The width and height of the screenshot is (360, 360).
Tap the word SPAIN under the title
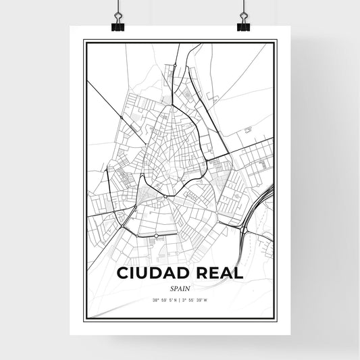179,287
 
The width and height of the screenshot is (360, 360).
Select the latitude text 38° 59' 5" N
165,300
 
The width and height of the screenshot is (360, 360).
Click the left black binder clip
118,25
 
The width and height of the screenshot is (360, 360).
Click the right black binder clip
242,25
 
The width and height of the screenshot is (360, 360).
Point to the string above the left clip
118,7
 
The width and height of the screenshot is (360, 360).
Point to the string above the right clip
242,7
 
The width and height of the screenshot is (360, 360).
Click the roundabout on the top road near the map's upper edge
175,65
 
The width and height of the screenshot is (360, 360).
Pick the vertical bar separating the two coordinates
180,300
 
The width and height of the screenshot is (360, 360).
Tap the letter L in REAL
237,273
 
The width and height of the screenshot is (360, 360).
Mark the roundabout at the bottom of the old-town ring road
165,197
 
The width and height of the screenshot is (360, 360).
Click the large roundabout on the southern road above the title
156,236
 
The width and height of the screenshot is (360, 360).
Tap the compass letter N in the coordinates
175,300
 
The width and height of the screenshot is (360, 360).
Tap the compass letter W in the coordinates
207,300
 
